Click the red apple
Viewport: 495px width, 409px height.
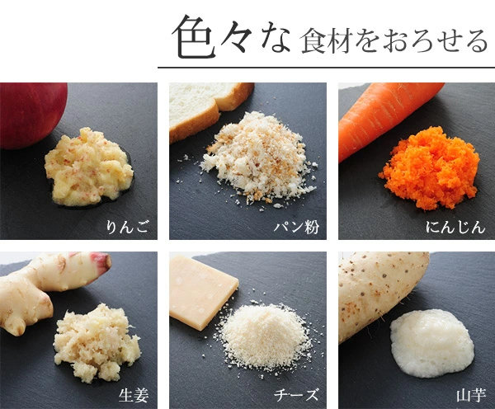pos(31,115)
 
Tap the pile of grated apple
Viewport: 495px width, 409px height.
pos(88,167)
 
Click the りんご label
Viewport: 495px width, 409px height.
pos(127,228)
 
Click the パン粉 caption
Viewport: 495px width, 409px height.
pos(296,228)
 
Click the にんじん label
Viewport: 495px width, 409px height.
pos(455,228)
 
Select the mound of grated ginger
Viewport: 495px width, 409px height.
pos(97,342)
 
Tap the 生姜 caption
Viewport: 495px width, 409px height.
pos(134,396)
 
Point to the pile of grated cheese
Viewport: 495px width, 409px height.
pos(265,336)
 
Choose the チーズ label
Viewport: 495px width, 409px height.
pos(296,396)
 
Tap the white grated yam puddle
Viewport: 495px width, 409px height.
pos(432,343)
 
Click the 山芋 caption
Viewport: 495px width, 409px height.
pos(471,396)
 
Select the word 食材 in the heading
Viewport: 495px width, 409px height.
pos(326,41)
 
